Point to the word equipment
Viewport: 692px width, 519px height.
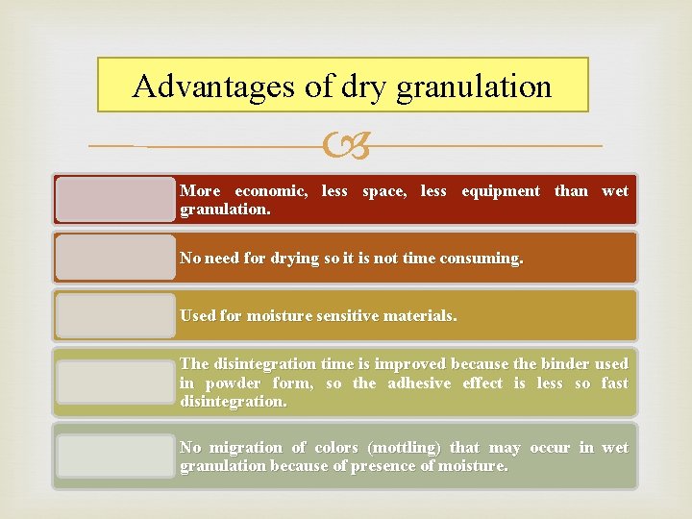point(500,190)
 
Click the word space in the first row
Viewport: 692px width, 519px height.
point(385,190)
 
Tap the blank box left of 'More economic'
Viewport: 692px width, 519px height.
point(115,199)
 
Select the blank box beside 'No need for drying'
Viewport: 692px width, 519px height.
point(115,258)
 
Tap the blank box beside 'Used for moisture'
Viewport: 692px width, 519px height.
point(115,315)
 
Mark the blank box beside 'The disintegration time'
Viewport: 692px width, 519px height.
point(115,382)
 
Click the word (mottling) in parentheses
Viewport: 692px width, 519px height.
point(397,447)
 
